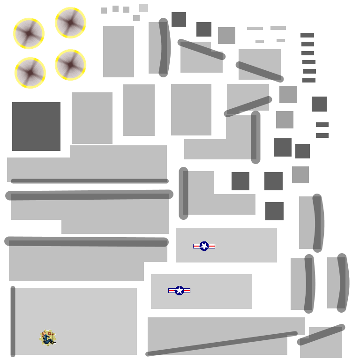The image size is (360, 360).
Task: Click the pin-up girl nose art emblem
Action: point(48,338)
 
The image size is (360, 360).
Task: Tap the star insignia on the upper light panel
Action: point(204,246)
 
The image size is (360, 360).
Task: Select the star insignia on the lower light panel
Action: point(179,291)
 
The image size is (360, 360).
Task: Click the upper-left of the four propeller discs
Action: point(29,33)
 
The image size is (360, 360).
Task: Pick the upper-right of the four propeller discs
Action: point(70,22)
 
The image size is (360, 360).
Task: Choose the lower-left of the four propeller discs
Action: point(30,73)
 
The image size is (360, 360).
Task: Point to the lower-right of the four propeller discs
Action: point(70,65)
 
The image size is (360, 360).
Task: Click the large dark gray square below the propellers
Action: point(36,127)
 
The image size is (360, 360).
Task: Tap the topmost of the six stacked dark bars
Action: point(307,35)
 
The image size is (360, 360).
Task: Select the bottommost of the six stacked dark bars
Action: point(308,80)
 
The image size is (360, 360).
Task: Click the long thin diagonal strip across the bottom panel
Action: point(221,344)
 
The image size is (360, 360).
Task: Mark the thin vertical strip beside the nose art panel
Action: point(13,322)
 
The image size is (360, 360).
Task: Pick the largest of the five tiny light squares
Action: point(143,8)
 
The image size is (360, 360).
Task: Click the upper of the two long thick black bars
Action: point(89,195)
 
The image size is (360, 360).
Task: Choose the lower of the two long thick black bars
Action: point(86,241)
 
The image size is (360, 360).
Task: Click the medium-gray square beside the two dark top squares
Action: point(226,36)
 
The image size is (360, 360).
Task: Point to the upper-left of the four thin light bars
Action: point(255,29)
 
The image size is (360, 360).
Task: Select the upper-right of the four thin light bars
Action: point(278,28)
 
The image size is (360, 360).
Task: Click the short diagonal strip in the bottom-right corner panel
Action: point(321,335)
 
